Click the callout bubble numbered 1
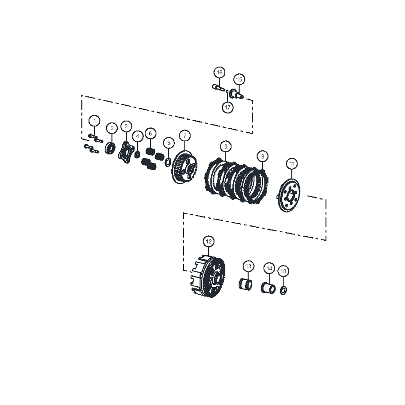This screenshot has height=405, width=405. [94, 121]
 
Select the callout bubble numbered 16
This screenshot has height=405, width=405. [219, 72]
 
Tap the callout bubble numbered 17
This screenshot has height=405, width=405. [228, 107]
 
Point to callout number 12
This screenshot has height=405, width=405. [209, 241]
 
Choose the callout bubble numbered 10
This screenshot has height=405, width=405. [283, 271]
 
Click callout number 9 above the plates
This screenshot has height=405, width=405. [226, 147]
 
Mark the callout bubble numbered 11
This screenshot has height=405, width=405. [292, 164]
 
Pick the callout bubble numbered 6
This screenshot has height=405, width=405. [150, 133]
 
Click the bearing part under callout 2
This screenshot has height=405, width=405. [110, 148]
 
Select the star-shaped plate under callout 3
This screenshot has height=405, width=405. [126, 153]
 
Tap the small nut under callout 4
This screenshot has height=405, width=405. [137, 154]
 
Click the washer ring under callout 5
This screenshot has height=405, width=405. [168, 163]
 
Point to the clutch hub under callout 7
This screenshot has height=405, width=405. [184, 168]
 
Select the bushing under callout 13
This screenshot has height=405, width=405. [245, 284]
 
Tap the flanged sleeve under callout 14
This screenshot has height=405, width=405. [268, 288]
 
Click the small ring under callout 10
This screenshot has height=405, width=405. [283, 291]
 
